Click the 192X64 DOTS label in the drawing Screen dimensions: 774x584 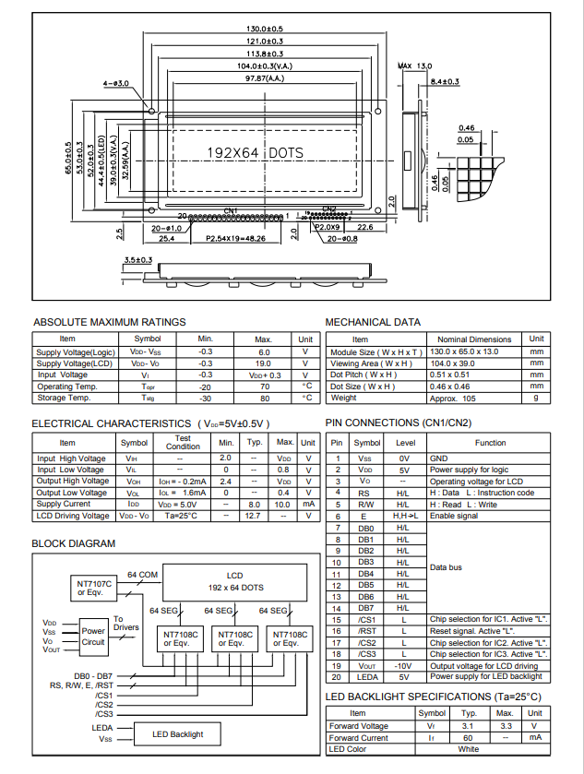click(x=255, y=152)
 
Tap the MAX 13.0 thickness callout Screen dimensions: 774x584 click(x=414, y=66)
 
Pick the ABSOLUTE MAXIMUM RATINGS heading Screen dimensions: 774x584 click(x=110, y=322)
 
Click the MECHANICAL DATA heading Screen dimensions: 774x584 click(x=373, y=322)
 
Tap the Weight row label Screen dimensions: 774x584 click(x=343, y=398)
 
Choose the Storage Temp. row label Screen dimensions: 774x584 click(x=64, y=398)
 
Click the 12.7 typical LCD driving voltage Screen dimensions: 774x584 click(x=254, y=516)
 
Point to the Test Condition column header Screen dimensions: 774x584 click(x=183, y=442)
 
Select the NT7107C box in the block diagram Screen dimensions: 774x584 click(x=92, y=588)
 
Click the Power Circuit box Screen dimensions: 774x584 click(x=93, y=636)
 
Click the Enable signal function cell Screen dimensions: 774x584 click(x=454, y=516)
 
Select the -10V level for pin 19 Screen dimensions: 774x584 click(x=402, y=665)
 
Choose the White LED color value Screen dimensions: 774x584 click(x=468, y=749)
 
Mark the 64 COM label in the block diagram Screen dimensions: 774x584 click(x=144, y=574)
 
